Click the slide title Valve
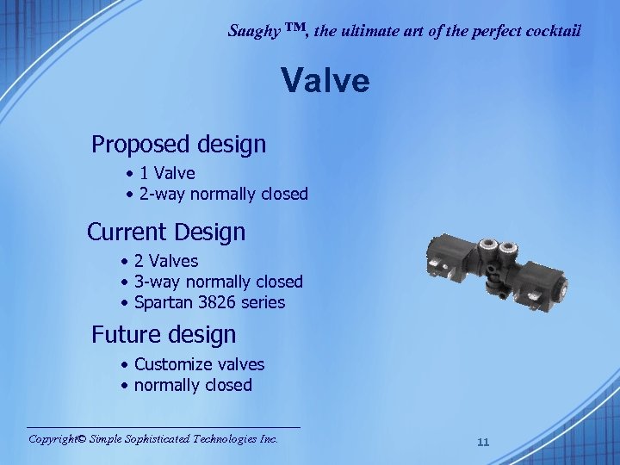325,82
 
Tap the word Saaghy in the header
251,31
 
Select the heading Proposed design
178,144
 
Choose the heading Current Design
166,232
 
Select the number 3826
214,302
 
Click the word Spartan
164,302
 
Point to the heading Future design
164,333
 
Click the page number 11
483,442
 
